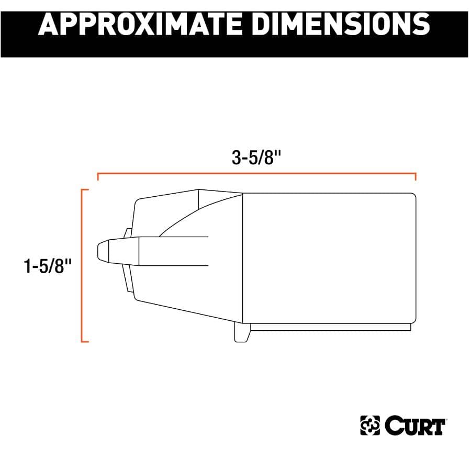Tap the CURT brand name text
point(415,426)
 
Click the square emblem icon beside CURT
point(371,426)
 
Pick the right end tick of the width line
point(416,177)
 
